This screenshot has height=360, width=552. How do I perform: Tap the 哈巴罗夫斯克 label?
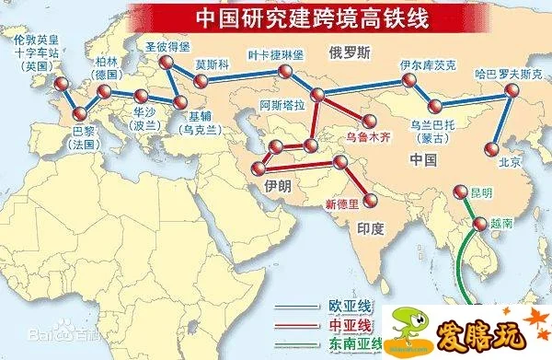click(x=503, y=74)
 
